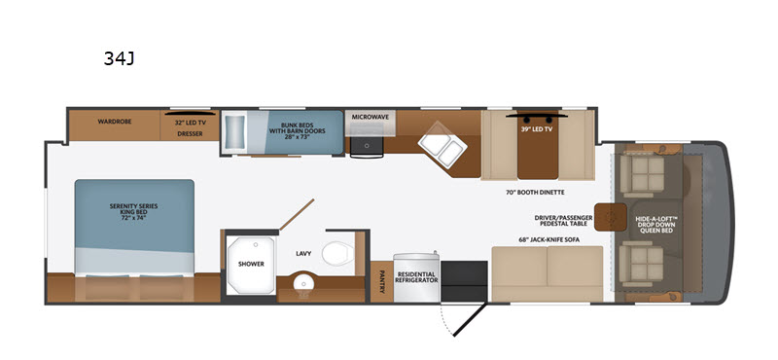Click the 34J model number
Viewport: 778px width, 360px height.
click(119, 58)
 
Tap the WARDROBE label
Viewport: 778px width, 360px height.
click(114, 122)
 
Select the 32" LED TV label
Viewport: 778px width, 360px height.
click(190, 123)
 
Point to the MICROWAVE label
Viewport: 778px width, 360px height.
click(371, 117)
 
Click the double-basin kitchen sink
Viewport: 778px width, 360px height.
click(442, 145)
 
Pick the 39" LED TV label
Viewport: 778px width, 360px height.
click(538, 129)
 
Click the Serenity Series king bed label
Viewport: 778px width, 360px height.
click(133, 211)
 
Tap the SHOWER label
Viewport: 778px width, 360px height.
click(251, 264)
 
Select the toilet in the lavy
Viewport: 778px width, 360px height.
click(338, 254)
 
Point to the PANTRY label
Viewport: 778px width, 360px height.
click(381, 281)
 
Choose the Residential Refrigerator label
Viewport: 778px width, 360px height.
click(416, 277)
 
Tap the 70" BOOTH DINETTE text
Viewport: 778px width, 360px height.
click(534, 192)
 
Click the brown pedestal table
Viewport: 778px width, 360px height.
click(611, 217)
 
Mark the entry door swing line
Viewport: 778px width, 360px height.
click(470, 320)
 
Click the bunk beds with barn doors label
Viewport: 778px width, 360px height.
click(297, 130)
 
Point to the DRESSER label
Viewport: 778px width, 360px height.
click(190, 133)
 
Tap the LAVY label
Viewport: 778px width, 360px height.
click(303, 253)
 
